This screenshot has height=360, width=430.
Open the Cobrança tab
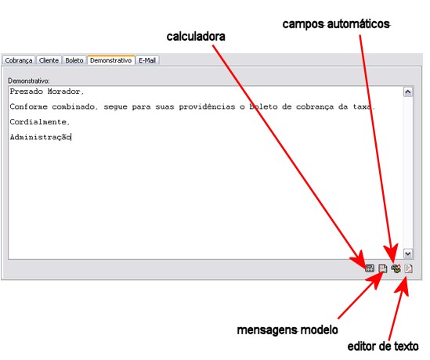coord(19,60)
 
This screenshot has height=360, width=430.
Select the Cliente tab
coord(49,60)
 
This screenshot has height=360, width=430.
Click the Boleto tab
coord(74,60)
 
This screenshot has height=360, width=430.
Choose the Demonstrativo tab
coord(111,60)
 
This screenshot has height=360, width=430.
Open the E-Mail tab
coord(147,60)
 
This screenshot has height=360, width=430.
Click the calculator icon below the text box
coord(370,268)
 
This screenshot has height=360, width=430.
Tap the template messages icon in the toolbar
coord(382,268)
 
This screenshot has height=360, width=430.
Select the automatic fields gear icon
coord(396,268)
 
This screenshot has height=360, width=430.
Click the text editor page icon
coord(408,268)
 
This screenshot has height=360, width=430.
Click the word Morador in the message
coord(63,92)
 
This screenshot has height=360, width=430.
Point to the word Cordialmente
coord(38,122)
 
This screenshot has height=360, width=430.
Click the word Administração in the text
coord(40,137)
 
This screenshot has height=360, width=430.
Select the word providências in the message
coord(207,107)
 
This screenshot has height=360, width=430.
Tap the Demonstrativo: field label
coord(29,81)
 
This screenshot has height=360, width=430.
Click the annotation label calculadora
coord(196,37)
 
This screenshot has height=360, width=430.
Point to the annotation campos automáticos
coord(336,24)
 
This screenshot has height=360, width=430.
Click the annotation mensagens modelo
coord(287,329)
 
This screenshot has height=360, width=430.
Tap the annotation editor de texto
coord(383,346)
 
